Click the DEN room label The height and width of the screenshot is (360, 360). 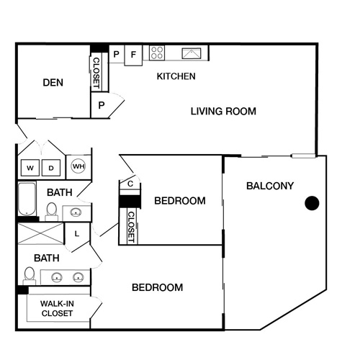tap(53, 83)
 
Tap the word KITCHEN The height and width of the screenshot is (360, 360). tap(176, 76)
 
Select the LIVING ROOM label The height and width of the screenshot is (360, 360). tap(223, 112)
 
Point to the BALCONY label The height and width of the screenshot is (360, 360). tap(270, 186)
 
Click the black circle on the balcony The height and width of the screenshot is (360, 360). tap(312, 203)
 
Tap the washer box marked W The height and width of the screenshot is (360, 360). tap(31, 168)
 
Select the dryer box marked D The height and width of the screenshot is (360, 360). tap(52, 168)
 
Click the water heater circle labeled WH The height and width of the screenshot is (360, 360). tap(78, 167)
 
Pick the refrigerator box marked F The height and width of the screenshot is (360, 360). tap(134, 54)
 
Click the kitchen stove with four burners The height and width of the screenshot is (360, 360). tap(158, 53)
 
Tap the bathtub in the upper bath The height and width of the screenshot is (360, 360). tap(27, 199)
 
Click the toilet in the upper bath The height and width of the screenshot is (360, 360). tap(52, 210)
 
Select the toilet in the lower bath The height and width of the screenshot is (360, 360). tap(30, 274)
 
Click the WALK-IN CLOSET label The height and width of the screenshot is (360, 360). tap(56, 308)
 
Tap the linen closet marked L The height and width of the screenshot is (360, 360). tap(77, 233)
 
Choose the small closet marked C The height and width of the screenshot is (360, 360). tap(130, 184)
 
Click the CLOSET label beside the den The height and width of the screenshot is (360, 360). tap(96, 71)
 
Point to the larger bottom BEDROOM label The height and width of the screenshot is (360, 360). tap(157, 288)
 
